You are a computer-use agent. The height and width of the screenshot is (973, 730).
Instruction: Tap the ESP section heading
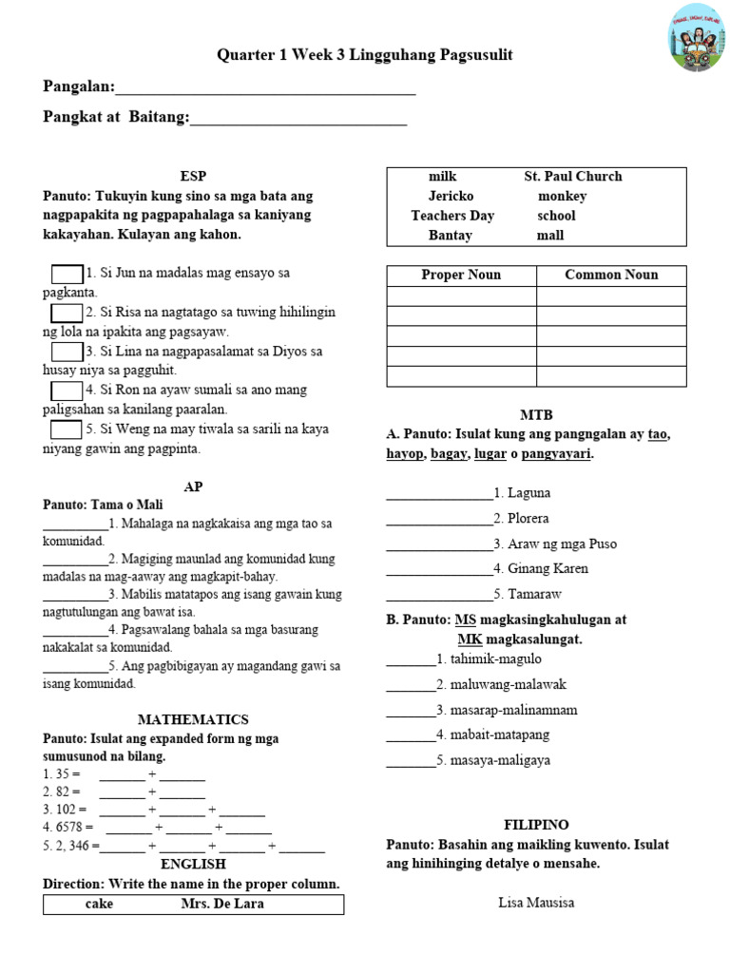point(193,176)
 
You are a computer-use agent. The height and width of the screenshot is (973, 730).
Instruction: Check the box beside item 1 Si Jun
point(67,274)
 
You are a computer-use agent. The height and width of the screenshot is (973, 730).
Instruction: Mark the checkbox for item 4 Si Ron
point(67,391)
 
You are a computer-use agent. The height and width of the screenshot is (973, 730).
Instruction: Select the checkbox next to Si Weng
point(67,429)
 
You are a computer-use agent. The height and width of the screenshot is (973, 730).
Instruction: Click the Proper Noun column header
point(461,275)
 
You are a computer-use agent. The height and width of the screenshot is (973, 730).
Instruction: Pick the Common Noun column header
point(611,275)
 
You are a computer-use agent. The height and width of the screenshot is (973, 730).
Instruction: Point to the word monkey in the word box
point(562,196)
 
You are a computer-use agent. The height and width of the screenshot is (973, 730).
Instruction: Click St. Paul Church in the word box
point(573,176)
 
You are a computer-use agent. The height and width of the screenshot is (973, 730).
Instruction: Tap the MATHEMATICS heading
point(193,719)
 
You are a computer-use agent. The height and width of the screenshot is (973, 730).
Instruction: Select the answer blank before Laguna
point(439,493)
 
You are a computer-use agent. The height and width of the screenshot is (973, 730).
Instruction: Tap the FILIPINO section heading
point(536,824)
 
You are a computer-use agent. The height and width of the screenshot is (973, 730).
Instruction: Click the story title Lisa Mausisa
point(536,903)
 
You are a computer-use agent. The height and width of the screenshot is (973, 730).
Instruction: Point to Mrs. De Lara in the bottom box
point(222,904)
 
